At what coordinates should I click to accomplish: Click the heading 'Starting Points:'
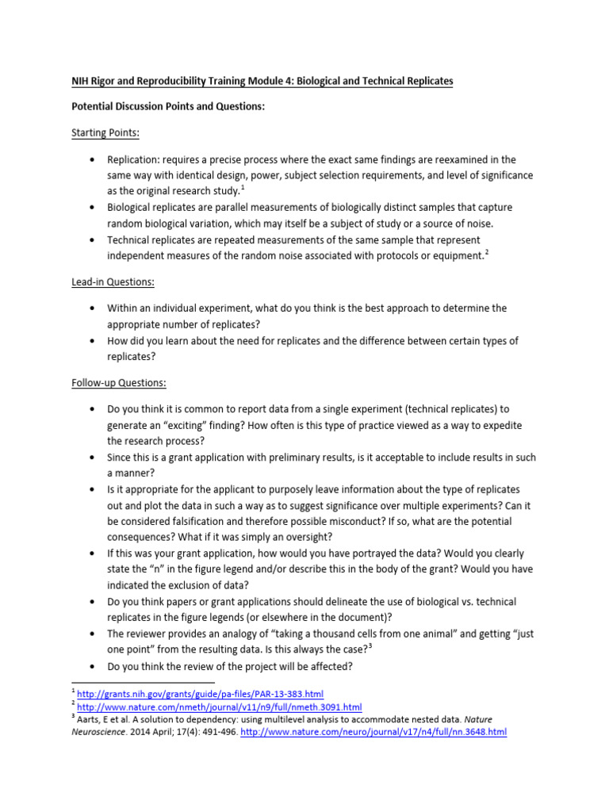[x=105, y=132]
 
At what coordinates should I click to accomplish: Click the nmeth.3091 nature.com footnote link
[x=220, y=707]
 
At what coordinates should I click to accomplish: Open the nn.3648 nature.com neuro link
[x=373, y=732]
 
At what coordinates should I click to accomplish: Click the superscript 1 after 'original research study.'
[x=243, y=187]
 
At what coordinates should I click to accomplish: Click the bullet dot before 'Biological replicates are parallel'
[x=95, y=208]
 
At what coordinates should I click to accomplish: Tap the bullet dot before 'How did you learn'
[x=95, y=341]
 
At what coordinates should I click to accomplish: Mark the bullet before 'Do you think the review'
[x=95, y=666]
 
